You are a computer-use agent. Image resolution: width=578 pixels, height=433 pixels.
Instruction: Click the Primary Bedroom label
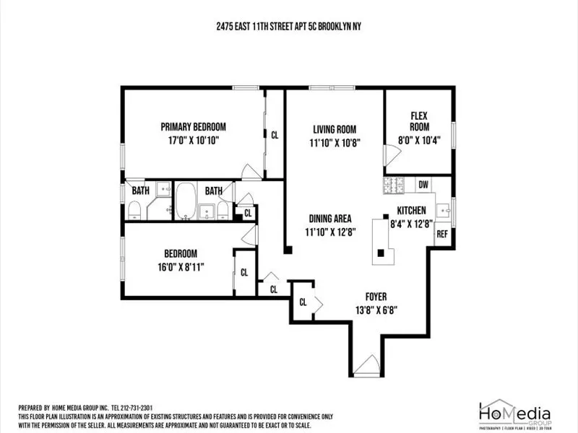click(193, 126)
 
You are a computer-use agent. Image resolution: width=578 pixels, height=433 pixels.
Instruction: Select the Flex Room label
click(419, 121)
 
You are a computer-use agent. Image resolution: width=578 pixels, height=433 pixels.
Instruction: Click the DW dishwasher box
click(423, 185)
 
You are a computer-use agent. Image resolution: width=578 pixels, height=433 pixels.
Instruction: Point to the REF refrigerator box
click(441, 235)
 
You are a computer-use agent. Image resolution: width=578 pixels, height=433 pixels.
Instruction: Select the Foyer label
click(376, 297)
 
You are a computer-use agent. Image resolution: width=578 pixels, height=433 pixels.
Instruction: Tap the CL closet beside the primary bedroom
click(275, 134)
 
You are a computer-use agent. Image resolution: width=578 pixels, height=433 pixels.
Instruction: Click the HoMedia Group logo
click(515, 414)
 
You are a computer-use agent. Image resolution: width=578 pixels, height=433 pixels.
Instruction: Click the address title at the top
click(288, 25)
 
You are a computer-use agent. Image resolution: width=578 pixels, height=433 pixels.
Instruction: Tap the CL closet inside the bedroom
click(244, 272)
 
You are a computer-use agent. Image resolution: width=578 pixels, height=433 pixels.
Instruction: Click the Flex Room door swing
click(390, 154)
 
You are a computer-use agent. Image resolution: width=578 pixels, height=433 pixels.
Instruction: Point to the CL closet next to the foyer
click(303, 302)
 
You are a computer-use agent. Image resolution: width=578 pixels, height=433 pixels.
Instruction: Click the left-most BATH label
click(140, 191)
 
